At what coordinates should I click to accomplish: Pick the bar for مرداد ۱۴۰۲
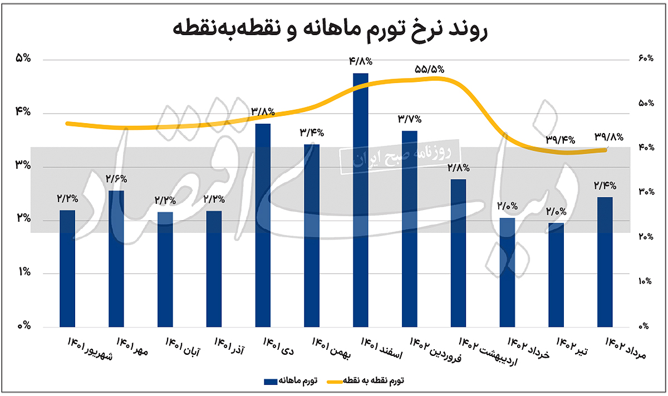click(x=605, y=261)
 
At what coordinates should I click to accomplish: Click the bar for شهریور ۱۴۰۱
click(x=67, y=268)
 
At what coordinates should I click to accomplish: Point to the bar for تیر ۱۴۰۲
click(x=556, y=274)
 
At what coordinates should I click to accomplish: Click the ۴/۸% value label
click(x=360, y=61)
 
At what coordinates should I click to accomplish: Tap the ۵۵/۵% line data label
click(x=429, y=70)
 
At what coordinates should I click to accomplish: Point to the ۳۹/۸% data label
click(x=609, y=136)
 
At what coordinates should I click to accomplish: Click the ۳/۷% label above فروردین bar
click(x=409, y=119)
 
